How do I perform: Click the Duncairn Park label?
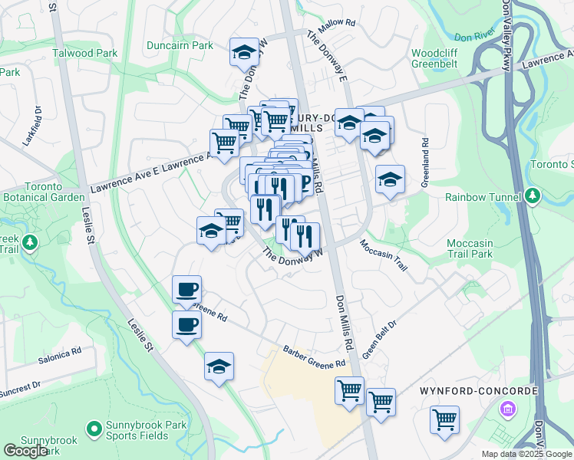tap(180, 45)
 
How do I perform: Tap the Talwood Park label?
tap(84, 53)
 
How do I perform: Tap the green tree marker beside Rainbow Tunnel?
tap(533, 197)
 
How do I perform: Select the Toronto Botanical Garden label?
tap(42, 192)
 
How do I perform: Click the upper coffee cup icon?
tap(186, 290)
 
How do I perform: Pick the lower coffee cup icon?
tap(186, 325)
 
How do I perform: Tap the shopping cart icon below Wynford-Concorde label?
tap(444, 421)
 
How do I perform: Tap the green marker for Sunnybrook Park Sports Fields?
tap(94, 427)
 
